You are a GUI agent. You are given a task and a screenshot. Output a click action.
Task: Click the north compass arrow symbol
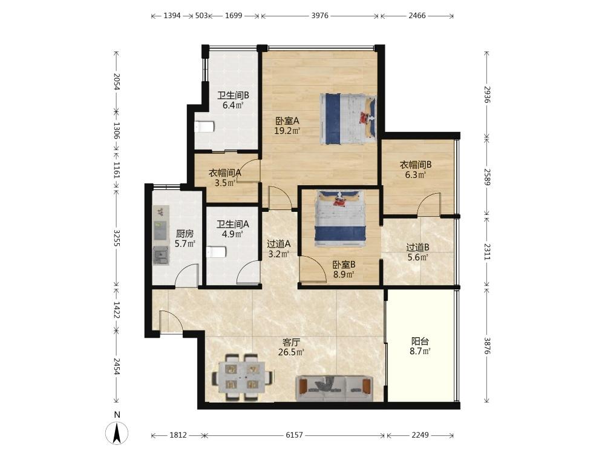click(117, 432)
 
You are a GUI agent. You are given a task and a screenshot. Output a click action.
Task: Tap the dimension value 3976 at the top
click(320, 16)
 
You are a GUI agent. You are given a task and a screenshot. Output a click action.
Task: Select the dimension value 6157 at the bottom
click(294, 435)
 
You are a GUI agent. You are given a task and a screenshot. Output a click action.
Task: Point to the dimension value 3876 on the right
click(487, 346)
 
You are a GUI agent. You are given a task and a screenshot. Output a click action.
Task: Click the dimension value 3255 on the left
click(117, 238)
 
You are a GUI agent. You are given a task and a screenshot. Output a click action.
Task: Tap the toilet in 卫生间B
click(204, 127)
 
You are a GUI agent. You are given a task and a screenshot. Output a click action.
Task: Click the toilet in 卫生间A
click(216, 252)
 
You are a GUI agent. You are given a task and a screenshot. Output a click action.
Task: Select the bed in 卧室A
click(348, 119)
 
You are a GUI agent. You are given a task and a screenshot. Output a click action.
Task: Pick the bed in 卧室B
click(340, 219)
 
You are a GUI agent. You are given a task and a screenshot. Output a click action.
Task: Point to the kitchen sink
click(160, 255)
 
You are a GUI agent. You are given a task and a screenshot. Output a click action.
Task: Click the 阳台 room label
click(420, 341)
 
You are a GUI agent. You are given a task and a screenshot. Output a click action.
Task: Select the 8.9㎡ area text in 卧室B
click(344, 275)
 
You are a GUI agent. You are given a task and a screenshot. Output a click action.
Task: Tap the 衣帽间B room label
click(416, 165)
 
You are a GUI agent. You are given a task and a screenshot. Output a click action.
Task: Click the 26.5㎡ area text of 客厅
click(292, 352)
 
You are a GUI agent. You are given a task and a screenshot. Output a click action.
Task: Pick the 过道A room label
click(278, 244)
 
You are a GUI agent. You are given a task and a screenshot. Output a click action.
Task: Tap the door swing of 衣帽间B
click(428, 203)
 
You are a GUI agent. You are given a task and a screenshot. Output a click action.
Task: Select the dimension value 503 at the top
click(201, 16)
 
